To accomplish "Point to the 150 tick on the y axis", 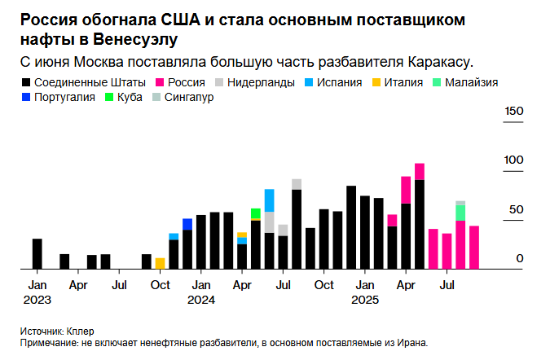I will click(513, 112).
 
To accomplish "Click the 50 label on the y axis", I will click(516, 209).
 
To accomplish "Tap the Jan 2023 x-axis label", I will click(37, 292).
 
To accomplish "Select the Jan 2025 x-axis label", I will click(366, 292).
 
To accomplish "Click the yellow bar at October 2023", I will click(160, 263).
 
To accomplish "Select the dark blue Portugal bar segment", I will click(187, 224).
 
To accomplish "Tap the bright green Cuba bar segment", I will click(256, 213).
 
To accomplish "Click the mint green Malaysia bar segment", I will click(460, 213).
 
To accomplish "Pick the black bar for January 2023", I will click(37, 253).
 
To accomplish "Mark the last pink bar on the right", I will click(474, 247).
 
